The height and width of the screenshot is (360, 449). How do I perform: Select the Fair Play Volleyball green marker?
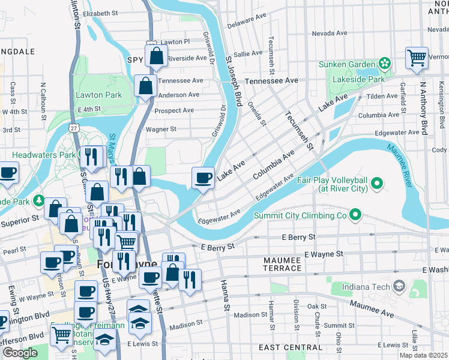[377, 182]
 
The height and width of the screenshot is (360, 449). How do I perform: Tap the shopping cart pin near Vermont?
[417, 58]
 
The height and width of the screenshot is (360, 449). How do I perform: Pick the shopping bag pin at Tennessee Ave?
[145, 86]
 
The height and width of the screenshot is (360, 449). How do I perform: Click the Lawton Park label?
[99, 95]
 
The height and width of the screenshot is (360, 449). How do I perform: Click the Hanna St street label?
[225, 295]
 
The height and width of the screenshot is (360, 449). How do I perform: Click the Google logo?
[19, 352]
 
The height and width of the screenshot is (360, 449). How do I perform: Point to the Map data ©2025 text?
[423, 355]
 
